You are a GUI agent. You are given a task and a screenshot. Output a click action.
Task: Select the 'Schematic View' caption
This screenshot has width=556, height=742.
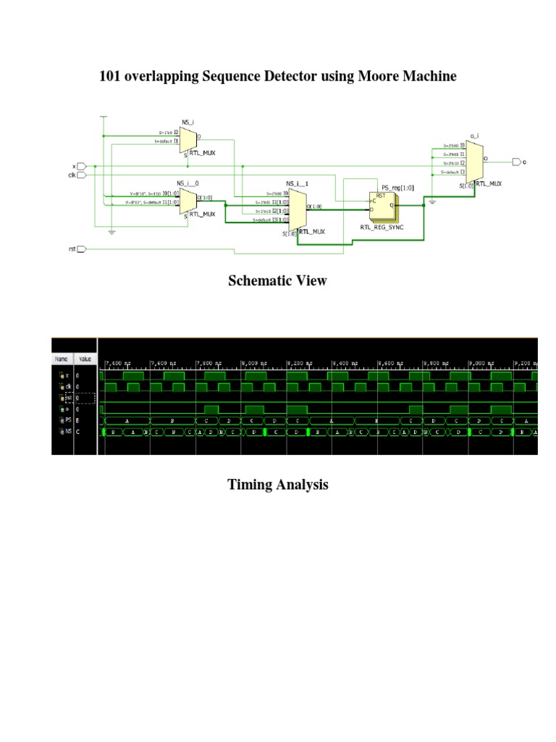coord(277,280)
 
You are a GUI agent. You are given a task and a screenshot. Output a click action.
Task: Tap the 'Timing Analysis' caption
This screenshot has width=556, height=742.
coord(277,485)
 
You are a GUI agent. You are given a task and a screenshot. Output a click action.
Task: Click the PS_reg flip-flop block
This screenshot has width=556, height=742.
coord(383,206)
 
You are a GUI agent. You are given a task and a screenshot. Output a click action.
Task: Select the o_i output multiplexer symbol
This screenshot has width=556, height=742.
coord(474,161)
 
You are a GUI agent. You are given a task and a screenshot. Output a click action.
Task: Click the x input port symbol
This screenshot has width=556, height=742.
coord(81,167)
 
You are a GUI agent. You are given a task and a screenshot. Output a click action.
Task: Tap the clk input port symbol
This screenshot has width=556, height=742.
coord(81,175)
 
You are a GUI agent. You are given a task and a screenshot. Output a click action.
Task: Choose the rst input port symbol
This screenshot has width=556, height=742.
coord(81,249)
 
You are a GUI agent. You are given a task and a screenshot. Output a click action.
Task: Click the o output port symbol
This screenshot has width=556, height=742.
coord(515,162)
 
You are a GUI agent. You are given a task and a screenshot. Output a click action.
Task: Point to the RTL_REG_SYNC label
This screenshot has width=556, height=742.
coord(382,227)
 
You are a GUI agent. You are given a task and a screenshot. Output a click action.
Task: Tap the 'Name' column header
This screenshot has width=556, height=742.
coord(62,359)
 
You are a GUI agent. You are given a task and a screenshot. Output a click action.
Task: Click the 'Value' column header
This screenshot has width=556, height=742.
coord(85,359)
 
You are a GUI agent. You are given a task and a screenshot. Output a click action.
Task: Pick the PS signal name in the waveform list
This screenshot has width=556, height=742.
coord(67,420)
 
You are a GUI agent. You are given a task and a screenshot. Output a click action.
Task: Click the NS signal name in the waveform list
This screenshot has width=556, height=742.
coord(67,433)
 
